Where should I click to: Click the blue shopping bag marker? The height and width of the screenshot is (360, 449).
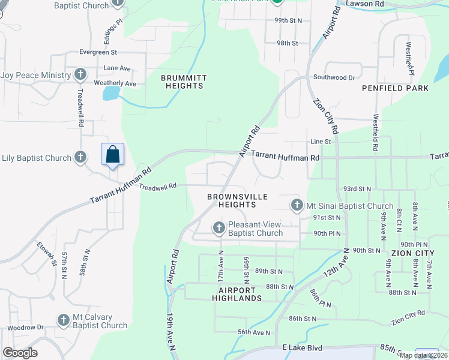[112, 155]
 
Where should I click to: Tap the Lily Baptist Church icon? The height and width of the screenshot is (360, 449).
[80, 158]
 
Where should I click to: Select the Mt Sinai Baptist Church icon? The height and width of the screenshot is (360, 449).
[296, 206]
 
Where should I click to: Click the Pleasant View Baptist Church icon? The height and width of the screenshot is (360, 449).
[219, 227]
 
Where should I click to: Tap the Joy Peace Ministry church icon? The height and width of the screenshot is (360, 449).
[80, 75]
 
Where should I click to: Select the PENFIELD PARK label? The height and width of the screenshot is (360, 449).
[395, 88]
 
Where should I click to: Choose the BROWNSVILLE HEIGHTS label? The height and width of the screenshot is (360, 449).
[231, 200]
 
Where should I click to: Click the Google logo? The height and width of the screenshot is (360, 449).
[20, 353]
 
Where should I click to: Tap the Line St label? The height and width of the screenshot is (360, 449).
[321, 142]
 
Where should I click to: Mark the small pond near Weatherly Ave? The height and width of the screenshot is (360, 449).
[111, 93]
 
